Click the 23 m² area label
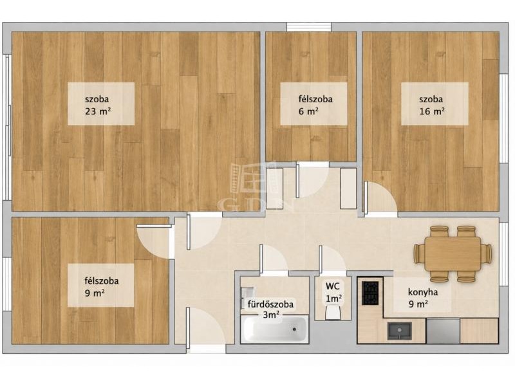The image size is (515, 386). (98, 111)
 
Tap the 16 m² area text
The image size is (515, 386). (432, 111)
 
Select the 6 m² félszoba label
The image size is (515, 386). (315, 105)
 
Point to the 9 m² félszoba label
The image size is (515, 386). (102, 286)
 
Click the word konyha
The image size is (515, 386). (423, 292)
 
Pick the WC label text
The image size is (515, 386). (332, 286)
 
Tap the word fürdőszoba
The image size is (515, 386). (270, 304)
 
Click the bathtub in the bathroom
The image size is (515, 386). (275, 329)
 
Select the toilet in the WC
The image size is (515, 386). (332, 312)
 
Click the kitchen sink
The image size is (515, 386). (399, 331)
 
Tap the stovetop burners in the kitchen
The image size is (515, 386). (370, 293)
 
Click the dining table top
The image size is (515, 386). (453, 253)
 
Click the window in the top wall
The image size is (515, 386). (309, 27)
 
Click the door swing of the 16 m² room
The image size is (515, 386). (380, 199)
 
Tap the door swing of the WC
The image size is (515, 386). (332, 259)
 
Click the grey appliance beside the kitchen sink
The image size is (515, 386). (443, 331)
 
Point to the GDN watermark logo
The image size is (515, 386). (255, 187)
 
